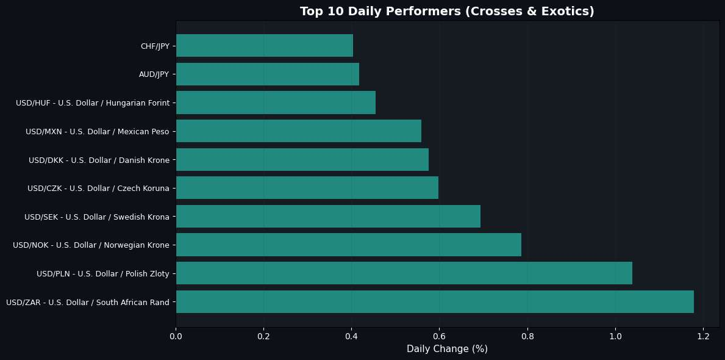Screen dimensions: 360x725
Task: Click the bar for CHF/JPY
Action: click(x=264, y=46)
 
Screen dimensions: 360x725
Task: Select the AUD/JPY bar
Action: click(x=267, y=74)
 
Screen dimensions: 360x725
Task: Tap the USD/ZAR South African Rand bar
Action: click(x=435, y=302)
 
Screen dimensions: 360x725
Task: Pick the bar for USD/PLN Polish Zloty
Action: click(x=404, y=273)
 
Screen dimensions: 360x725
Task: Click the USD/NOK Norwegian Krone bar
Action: click(x=348, y=245)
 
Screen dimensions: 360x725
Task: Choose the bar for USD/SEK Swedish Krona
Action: click(x=328, y=217)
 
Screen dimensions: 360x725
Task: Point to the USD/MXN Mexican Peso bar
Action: click(x=298, y=131)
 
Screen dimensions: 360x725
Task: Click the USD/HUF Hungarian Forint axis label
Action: click(x=92, y=103)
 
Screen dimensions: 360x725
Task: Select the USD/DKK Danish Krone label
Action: click(x=99, y=160)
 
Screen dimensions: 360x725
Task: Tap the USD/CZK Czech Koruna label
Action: click(x=98, y=189)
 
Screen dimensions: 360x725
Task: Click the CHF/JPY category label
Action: click(x=154, y=46)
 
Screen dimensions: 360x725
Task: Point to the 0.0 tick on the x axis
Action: click(x=176, y=336)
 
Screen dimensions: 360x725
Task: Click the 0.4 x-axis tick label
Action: click(x=351, y=336)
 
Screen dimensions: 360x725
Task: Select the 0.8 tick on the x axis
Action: click(x=527, y=336)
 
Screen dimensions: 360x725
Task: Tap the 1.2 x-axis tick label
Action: click(x=703, y=336)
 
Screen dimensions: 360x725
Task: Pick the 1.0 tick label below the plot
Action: click(x=615, y=336)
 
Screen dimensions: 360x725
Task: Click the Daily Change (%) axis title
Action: click(x=447, y=349)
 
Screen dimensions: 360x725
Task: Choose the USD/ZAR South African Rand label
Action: click(x=87, y=302)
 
